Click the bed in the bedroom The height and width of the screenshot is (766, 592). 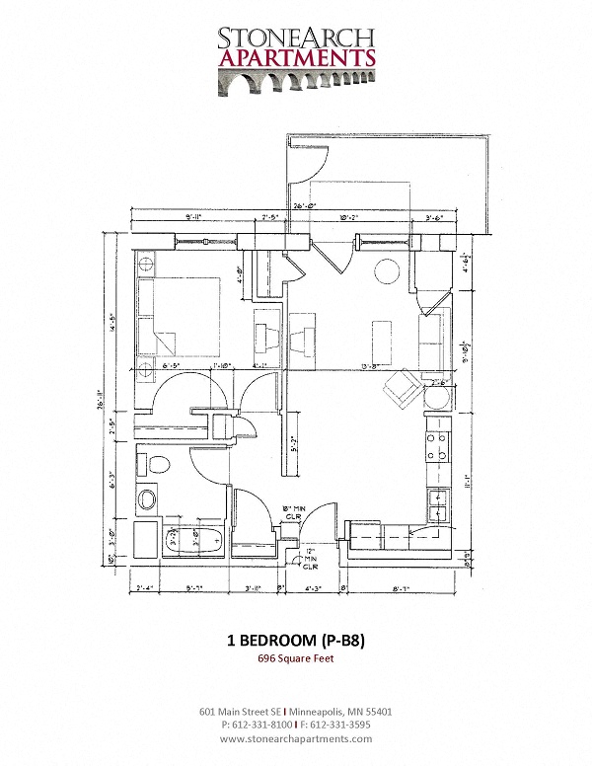pyautogui.click(x=178, y=314)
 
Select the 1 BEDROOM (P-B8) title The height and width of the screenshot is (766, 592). pyautogui.click(x=296, y=640)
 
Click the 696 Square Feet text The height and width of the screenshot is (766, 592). pyautogui.click(x=296, y=658)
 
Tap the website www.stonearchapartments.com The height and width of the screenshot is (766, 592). pyautogui.click(x=296, y=737)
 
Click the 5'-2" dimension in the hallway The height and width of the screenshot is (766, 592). pyautogui.click(x=292, y=443)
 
